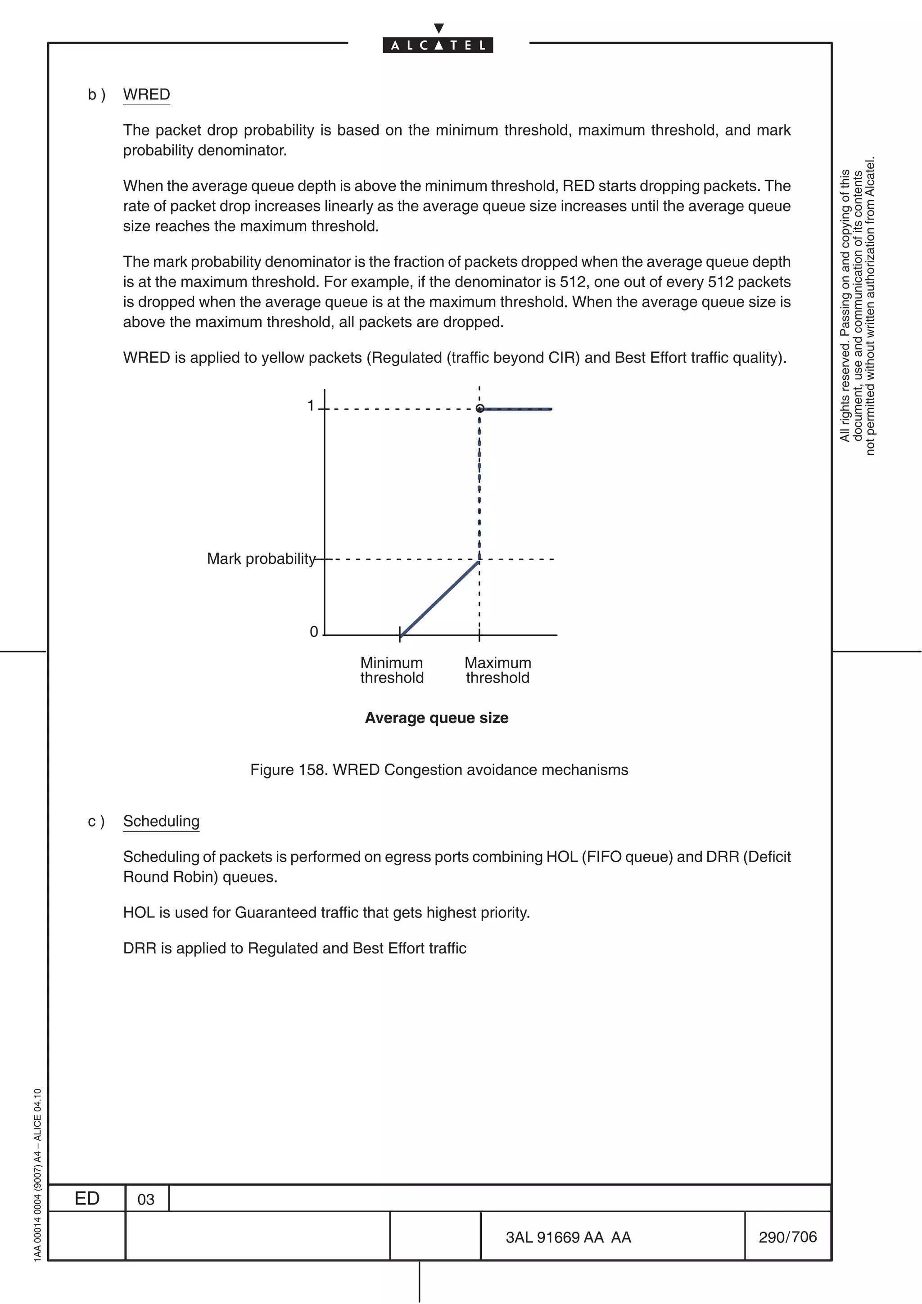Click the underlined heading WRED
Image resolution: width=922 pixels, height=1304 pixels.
147,94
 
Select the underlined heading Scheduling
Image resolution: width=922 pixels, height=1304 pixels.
161,821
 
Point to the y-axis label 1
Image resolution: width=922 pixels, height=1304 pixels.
311,405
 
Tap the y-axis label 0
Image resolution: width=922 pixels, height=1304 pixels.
314,632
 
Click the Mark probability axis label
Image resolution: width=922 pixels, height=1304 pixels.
261,559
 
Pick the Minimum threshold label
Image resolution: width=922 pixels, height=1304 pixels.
392,670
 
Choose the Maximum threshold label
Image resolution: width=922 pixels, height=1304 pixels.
497,670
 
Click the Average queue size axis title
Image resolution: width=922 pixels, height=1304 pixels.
436,718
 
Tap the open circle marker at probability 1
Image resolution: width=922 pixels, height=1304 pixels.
479,409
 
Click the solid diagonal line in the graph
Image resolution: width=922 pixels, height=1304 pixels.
440,598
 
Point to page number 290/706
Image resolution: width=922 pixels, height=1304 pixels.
787,1237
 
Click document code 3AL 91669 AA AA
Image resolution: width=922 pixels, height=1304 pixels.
568,1237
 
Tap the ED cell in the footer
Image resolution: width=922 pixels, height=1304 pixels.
87,1198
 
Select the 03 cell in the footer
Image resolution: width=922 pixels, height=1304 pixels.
146,1200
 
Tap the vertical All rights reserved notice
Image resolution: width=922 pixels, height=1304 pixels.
857,307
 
